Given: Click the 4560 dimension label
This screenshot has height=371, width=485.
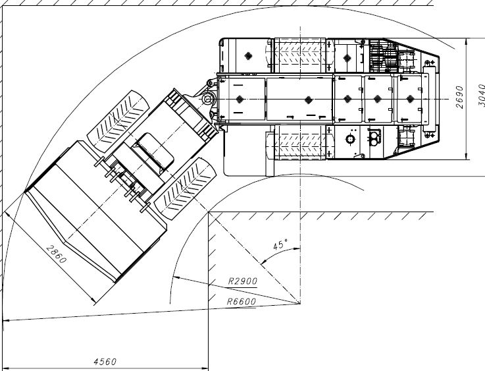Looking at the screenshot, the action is (105, 361).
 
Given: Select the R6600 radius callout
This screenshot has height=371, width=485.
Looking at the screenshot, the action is (242, 301).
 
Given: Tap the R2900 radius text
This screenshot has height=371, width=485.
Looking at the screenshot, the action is (243, 281).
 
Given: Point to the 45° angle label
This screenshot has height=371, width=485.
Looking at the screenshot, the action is (280, 244).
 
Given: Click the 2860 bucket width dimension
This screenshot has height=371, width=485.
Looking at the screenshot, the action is (56, 254).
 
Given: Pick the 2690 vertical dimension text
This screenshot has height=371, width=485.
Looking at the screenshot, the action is (459, 97).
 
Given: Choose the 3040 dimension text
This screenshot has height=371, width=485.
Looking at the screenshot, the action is (481, 95).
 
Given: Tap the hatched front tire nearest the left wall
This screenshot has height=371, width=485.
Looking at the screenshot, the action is (118, 121).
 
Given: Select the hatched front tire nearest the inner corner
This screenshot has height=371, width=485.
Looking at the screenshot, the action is (185, 189).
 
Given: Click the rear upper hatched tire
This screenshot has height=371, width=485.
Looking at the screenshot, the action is (300, 55).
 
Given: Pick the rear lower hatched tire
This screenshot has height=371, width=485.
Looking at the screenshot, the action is (300, 142).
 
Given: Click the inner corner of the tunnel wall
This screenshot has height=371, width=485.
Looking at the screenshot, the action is (209, 212).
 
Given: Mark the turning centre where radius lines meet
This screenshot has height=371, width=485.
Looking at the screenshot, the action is (300, 304).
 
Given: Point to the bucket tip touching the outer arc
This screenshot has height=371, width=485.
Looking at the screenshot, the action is (25, 192).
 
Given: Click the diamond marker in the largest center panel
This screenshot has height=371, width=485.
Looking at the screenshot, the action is (308, 100).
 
